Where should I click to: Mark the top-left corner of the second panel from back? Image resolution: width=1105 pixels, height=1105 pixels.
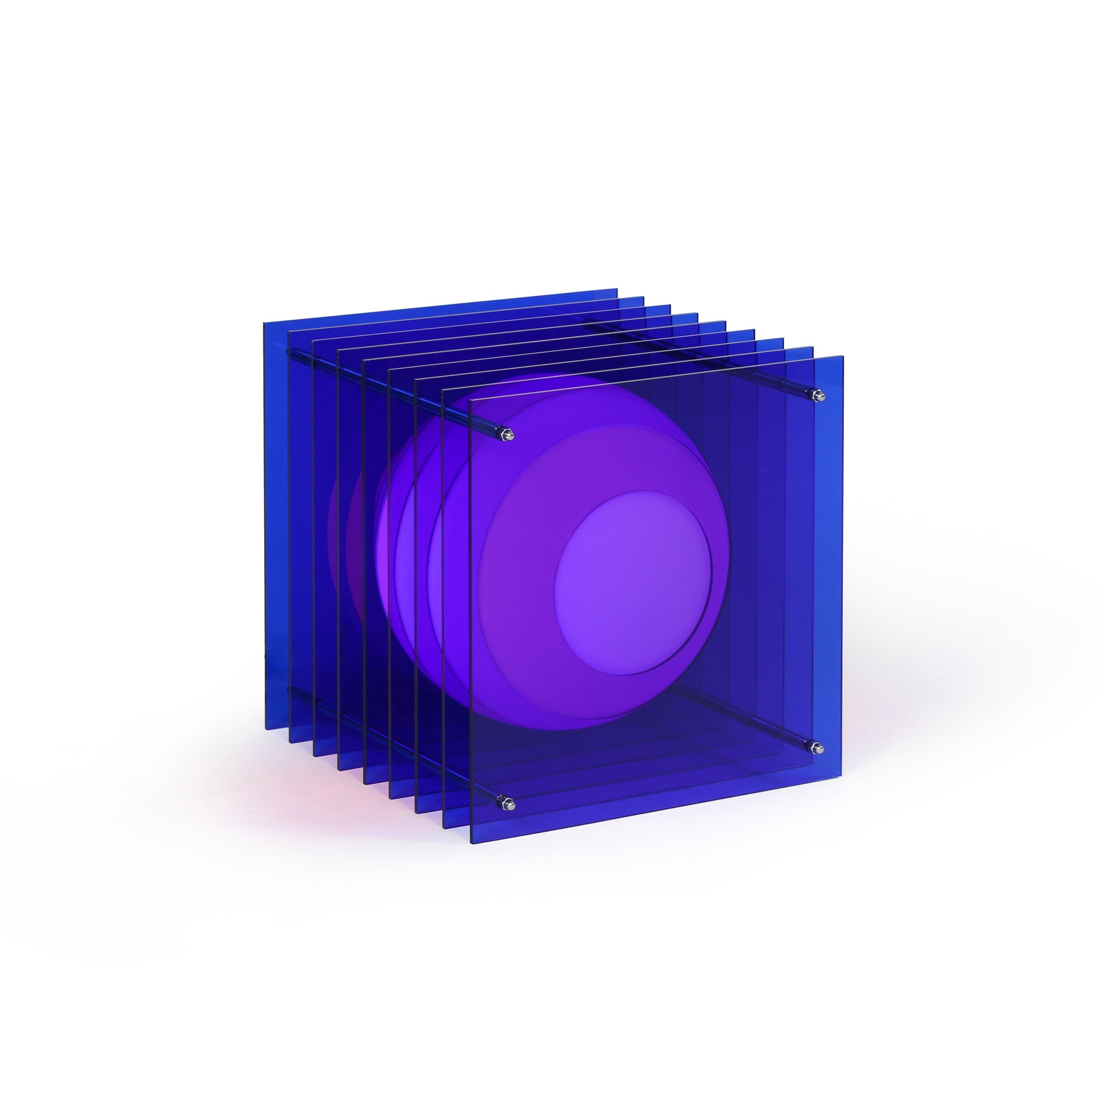click(x=288, y=331)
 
